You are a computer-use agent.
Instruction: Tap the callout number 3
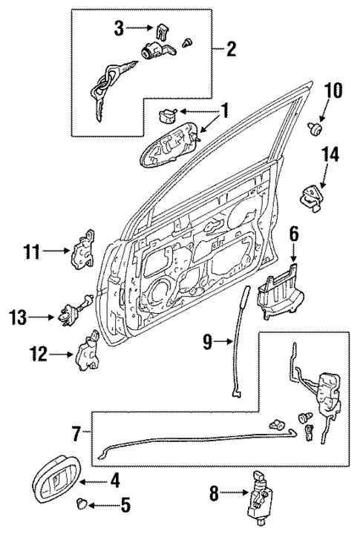click(118, 30)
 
